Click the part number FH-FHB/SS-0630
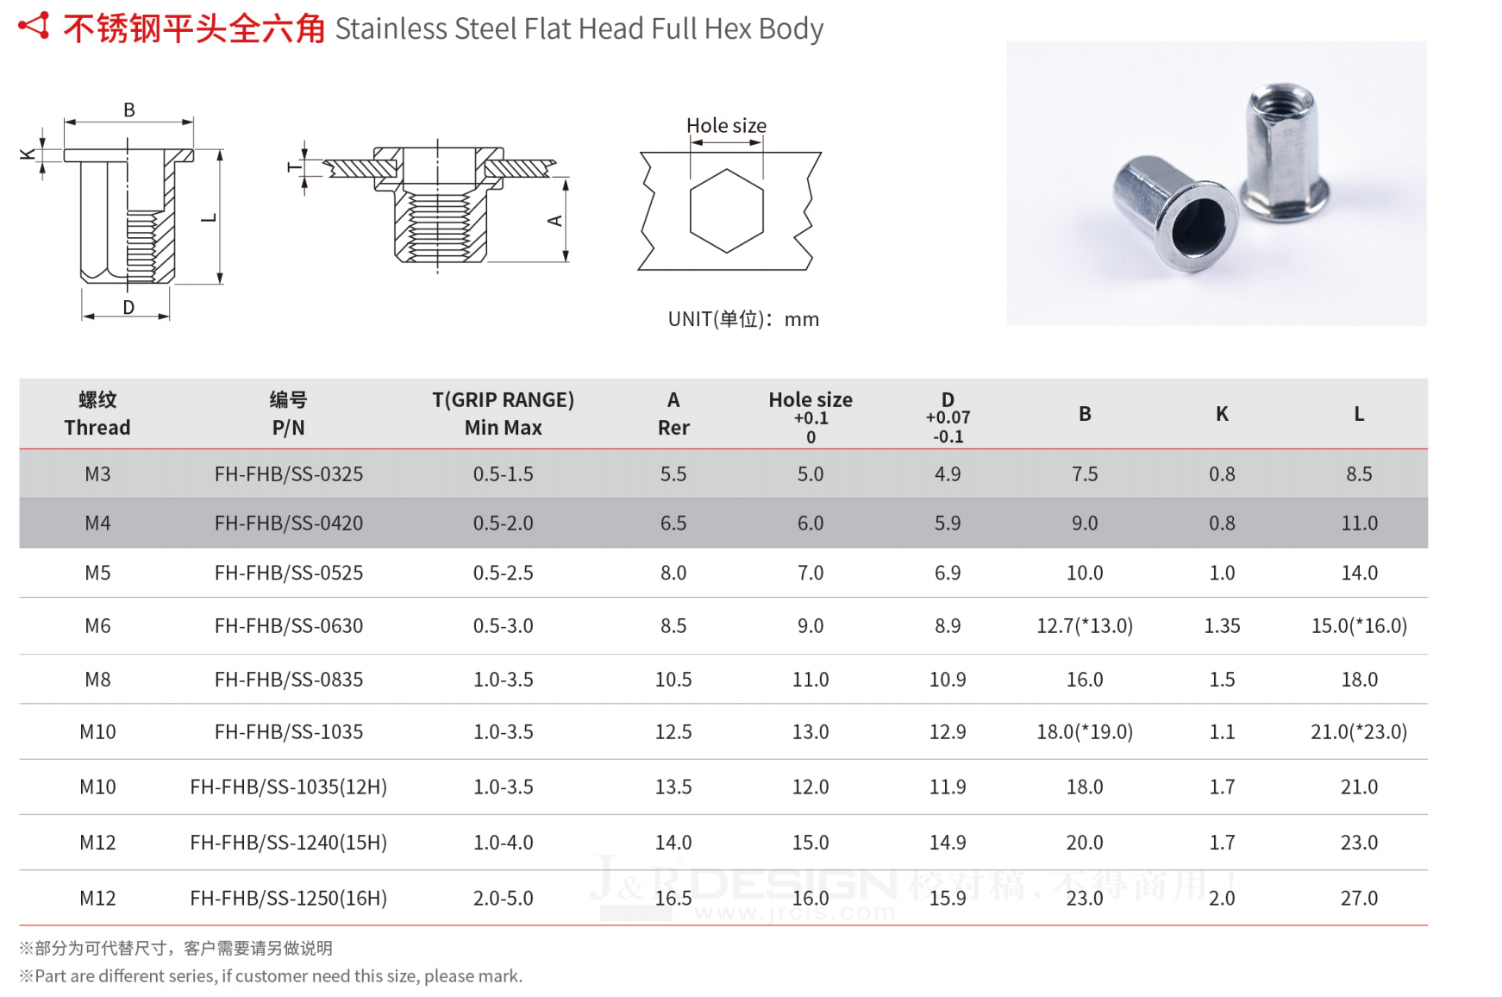(289, 625)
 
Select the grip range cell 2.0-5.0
(504, 898)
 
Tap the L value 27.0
(1359, 898)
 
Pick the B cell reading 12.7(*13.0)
(1085, 625)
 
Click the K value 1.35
(1222, 625)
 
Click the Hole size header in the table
(810, 400)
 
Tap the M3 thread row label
(97, 473)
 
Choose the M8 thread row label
(97, 679)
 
